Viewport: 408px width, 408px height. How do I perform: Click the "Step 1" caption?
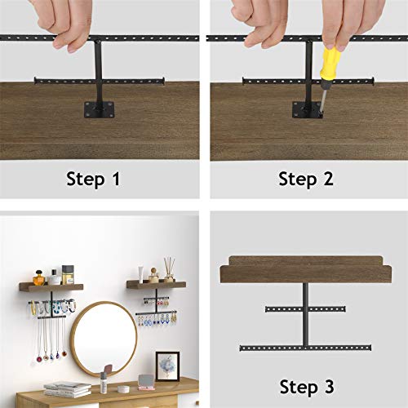coord(93,179)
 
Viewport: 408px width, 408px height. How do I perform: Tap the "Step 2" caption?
coord(306,179)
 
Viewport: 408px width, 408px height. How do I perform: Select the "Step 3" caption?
coord(307,387)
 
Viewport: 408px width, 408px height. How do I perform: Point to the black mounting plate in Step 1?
coord(99,110)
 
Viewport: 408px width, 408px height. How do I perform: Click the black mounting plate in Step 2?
coord(307,110)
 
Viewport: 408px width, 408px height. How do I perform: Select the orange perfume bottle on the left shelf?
coord(38,278)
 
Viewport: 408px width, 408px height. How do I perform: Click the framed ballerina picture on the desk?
coord(167,366)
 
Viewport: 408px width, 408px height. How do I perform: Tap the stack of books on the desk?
coord(68,389)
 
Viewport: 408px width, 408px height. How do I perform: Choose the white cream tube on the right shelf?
coord(140,274)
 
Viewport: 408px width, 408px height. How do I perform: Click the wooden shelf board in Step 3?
coord(306,269)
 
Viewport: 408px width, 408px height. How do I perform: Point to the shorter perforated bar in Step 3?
coord(305,309)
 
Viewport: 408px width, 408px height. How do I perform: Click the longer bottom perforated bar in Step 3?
coord(305,348)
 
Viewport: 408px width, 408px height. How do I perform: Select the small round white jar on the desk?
coord(123,389)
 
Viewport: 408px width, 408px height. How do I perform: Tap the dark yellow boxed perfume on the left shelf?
coord(68,275)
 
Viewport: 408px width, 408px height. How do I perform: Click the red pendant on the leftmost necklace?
coord(39,359)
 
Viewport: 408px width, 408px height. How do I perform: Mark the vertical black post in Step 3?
coord(306,315)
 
